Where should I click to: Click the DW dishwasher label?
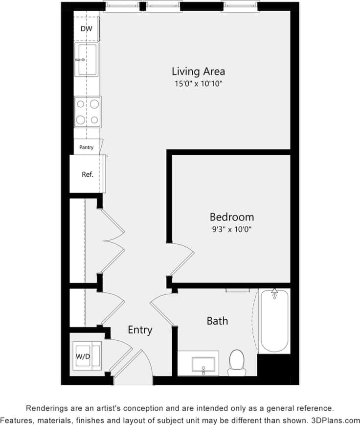click(86, 29)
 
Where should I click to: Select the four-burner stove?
click(88, 112)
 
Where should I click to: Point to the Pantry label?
click(86, 147)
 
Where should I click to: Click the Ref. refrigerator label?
click(87, 174)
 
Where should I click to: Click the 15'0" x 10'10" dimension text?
click(199, 84)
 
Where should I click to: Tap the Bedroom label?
click(232, 217)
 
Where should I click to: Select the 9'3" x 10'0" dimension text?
click(232, 229)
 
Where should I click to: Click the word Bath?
click(217, 321)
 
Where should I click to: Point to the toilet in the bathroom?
click(237, 362)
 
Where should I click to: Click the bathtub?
click(274, 321)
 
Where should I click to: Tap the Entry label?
click(140, 330)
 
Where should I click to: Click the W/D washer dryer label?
click(83, 356)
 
